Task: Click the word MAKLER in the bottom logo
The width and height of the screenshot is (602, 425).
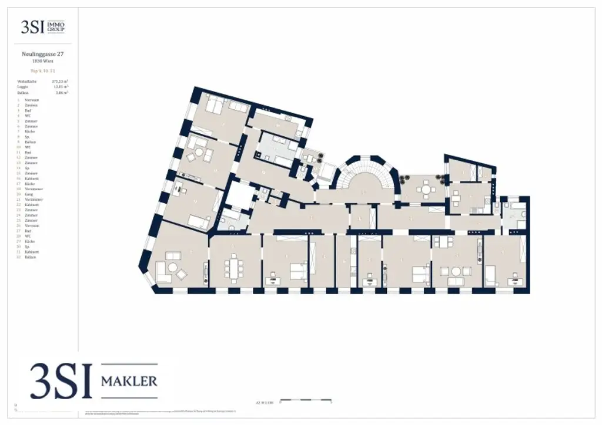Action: [x=129, y=382]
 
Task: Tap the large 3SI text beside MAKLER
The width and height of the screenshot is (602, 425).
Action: [x=61, y=382]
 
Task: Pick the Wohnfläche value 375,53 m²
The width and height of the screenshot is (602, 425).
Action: [x=60, y=81]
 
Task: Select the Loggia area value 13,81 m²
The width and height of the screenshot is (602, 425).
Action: [x=61, y=87]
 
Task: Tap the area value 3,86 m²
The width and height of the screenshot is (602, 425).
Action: [x=62, y=93]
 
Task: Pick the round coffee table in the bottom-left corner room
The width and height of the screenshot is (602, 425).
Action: [x=173, y=267]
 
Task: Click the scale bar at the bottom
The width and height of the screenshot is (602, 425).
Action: [x=306, y=403]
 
